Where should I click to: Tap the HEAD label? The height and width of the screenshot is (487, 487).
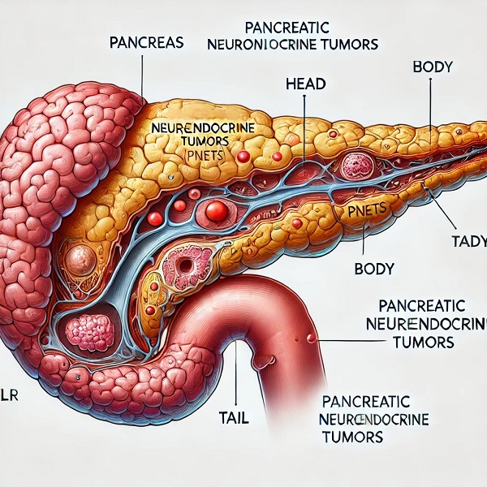307,83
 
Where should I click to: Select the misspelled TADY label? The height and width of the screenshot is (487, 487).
461,241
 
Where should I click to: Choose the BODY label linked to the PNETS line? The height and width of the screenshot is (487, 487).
375,268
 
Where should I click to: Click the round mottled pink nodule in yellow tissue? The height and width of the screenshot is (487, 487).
357,166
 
